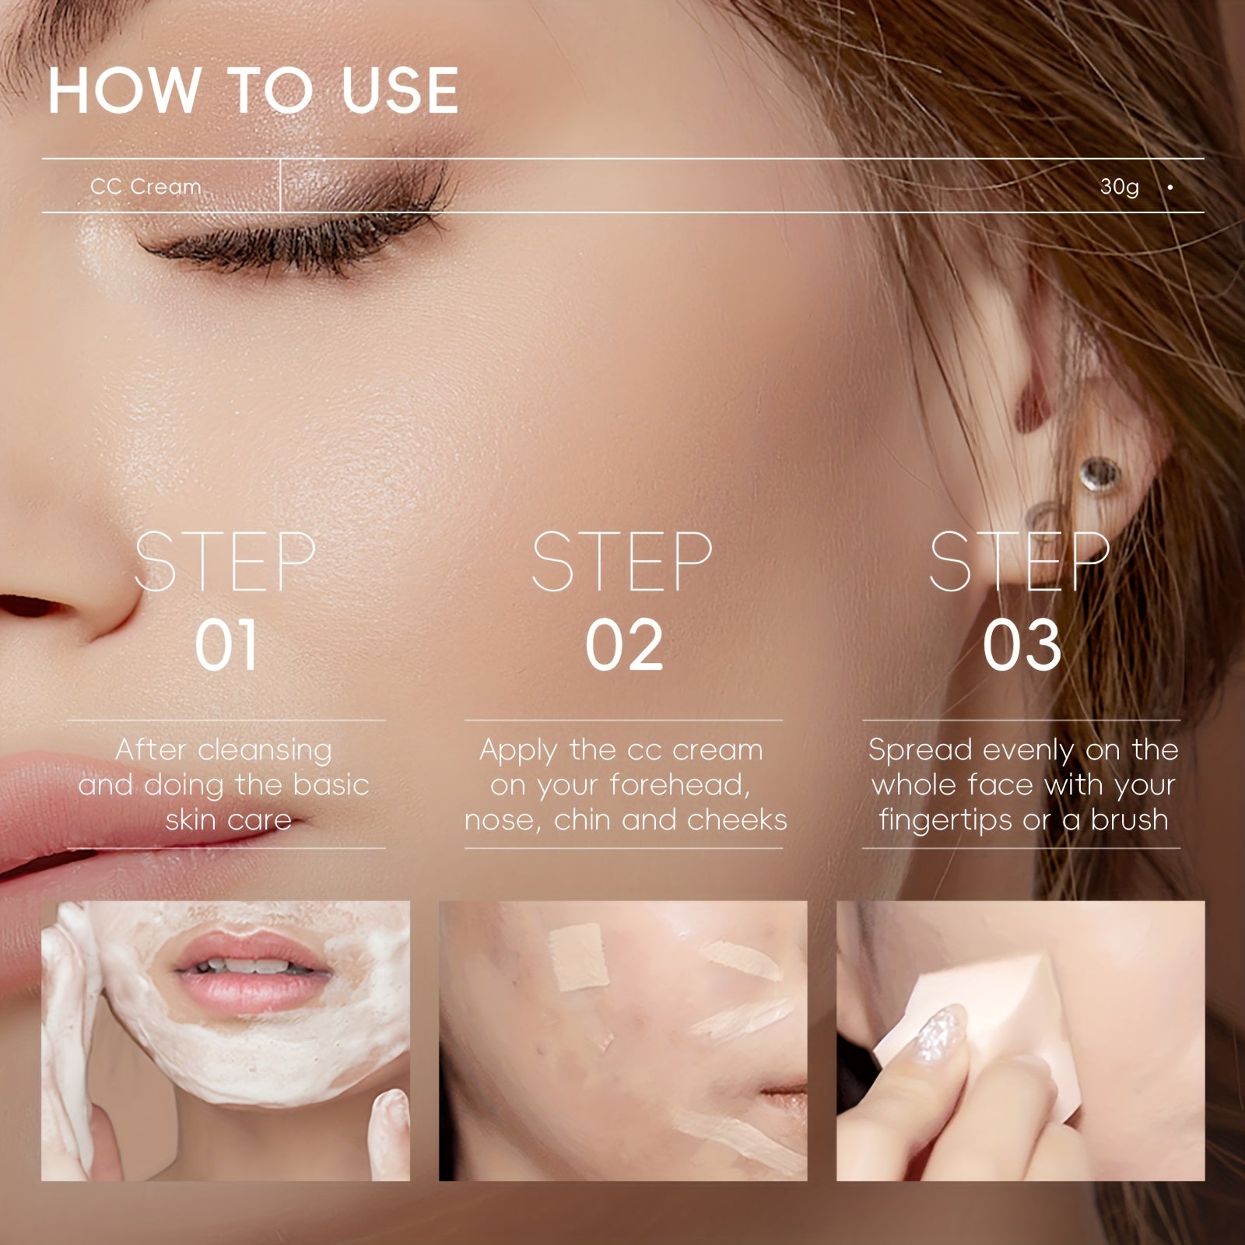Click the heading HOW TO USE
point(253,91)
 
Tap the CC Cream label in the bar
point(146,187)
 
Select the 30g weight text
point(1119,187)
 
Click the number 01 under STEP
point(226,646)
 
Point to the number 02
point(624,646)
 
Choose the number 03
point(1022,646)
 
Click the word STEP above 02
point(622,562)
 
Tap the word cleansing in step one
point(265,751)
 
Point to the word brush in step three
point(1129,819)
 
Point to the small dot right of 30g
point(1170,188)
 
